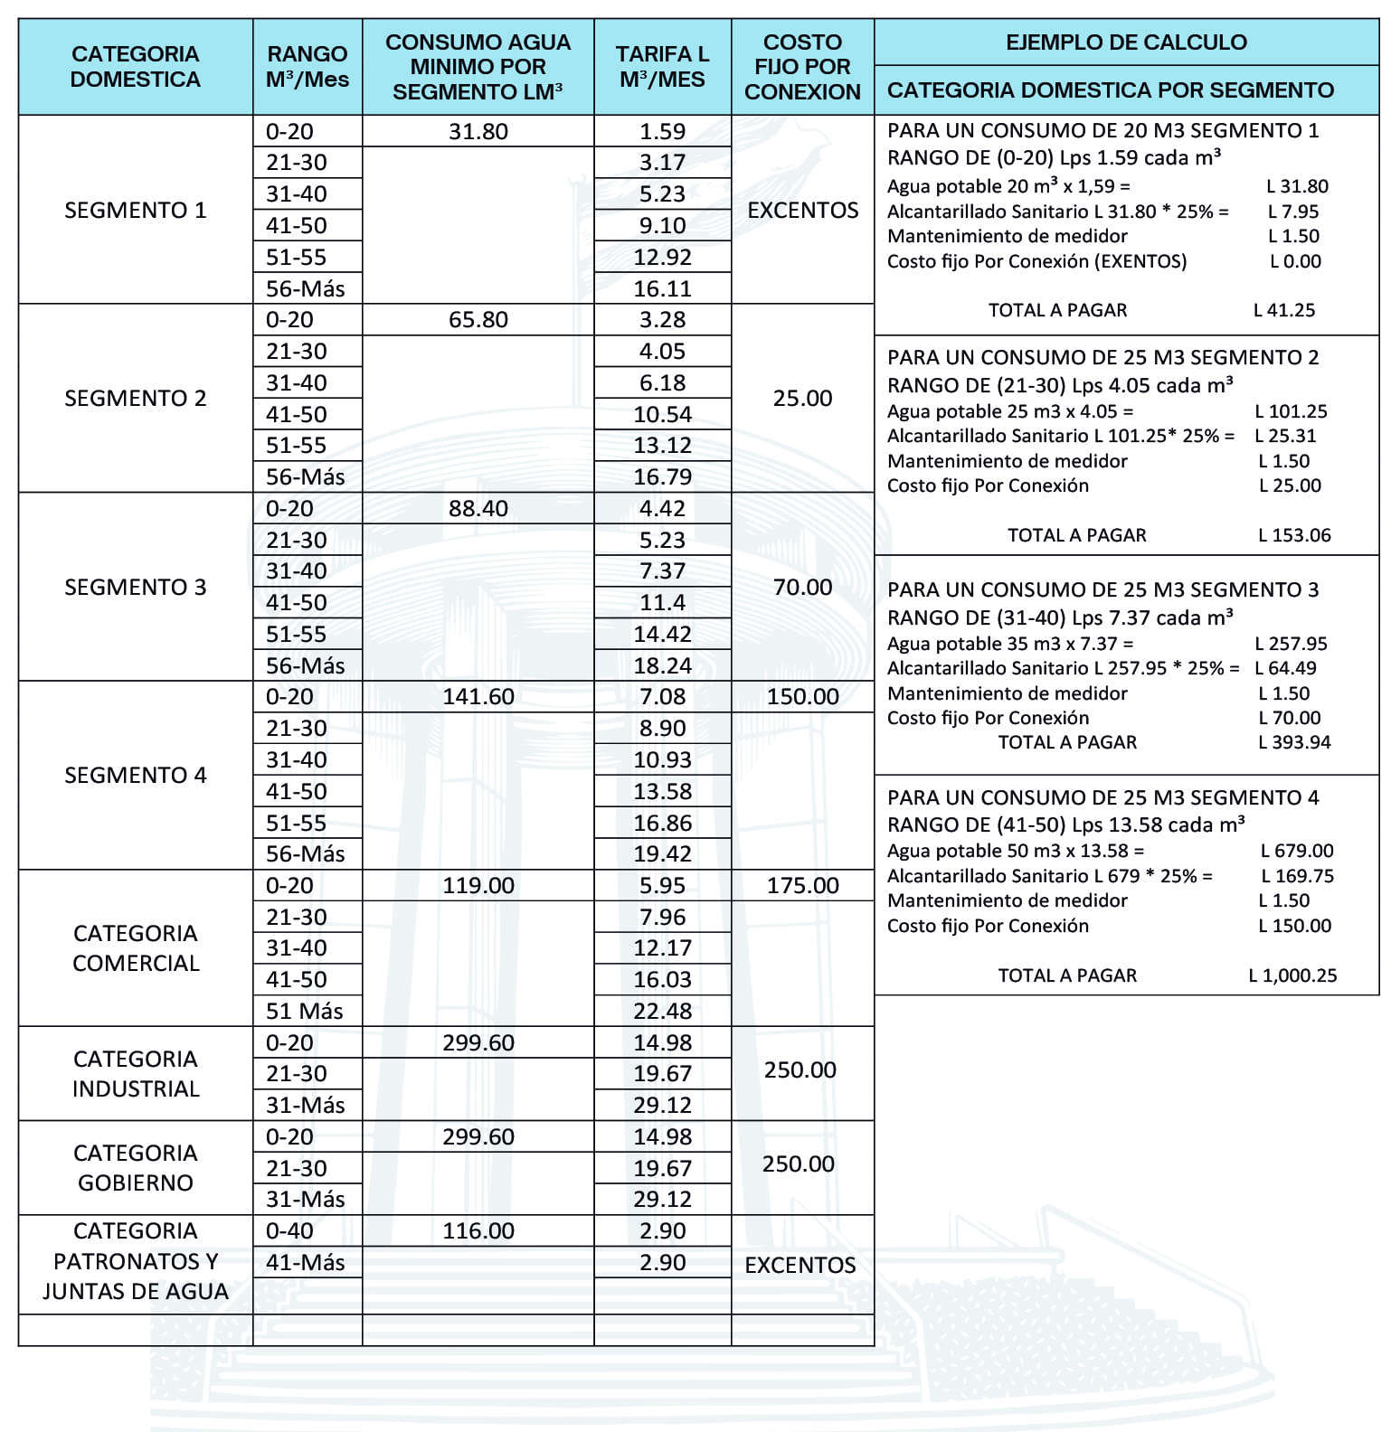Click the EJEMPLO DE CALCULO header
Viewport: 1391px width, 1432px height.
click(x=1126, y=42)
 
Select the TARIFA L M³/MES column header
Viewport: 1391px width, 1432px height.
click(x=662, y=67)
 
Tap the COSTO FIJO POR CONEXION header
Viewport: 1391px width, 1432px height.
click(x=802, y=67)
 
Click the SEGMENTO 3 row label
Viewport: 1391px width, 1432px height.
click(x=136, y=587)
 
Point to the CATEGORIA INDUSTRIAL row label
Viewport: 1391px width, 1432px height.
click(x=136, y=1073)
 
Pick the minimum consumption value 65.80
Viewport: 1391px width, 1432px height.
click(x=478, y=320)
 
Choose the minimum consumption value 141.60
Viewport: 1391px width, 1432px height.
click(x=478, y=697)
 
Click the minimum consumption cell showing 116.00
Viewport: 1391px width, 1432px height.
click(x=478, y=1231)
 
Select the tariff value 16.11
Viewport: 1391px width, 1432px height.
click(x=662, y=288)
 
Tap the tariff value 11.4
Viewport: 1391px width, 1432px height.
click(x=662, y=603)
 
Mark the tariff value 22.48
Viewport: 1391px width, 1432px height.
click(x=662, y=1011)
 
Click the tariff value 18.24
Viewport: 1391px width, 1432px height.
click(x=662, y=665)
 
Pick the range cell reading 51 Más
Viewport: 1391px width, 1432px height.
click(x=305, y=1011)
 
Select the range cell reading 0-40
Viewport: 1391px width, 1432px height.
click(x=289, y=1231)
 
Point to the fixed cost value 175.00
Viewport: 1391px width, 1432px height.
click(x=802, y=886)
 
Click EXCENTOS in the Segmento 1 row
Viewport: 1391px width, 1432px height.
click(x=802, y=210)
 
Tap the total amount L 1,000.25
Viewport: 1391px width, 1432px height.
click(x=1292, y=975)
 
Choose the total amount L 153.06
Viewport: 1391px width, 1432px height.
click(x=1294, y=535)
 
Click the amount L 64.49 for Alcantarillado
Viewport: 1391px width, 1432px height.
click(x=1285, y=668)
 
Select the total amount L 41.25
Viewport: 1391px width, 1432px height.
click(x=1284, y=310)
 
